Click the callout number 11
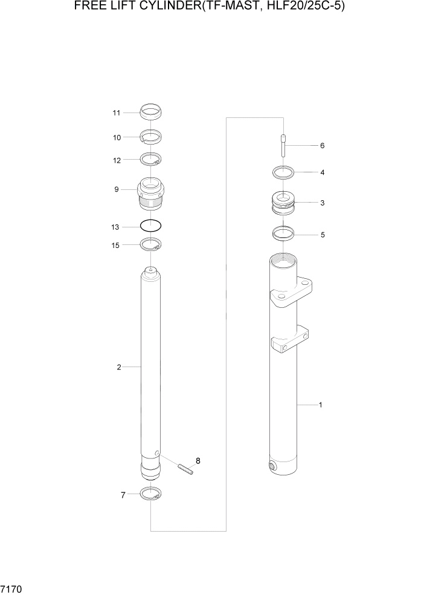pyautogui.click(x=117, y=113)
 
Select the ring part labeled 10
pyautogui.click(x=150, y=137)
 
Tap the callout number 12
pyautogui.click(x=117, y=161)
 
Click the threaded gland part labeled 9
pyautogui.click(x=150, y=192)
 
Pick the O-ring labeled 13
pyautogui.click(x=150, y=226)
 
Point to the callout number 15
pyautogui.click(x=117, y=245)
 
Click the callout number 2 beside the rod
pyautogui.click(x=119, y=367)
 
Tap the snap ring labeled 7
pyautogui.click(x=150, y=494)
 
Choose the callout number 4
pyautogui.click(x=323, y=172)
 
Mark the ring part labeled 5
pyautogui.click(x=283, y=232)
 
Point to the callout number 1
pyautogui.click(x=320, y=405)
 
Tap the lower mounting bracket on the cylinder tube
pyautogui.click(x=291, y=339)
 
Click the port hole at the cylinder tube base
pyautogui.click(x=273, y=466)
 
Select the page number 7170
pyautogui.click(x=12, y=588)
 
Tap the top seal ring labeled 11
pyautogui.click(x=150, y=111)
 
